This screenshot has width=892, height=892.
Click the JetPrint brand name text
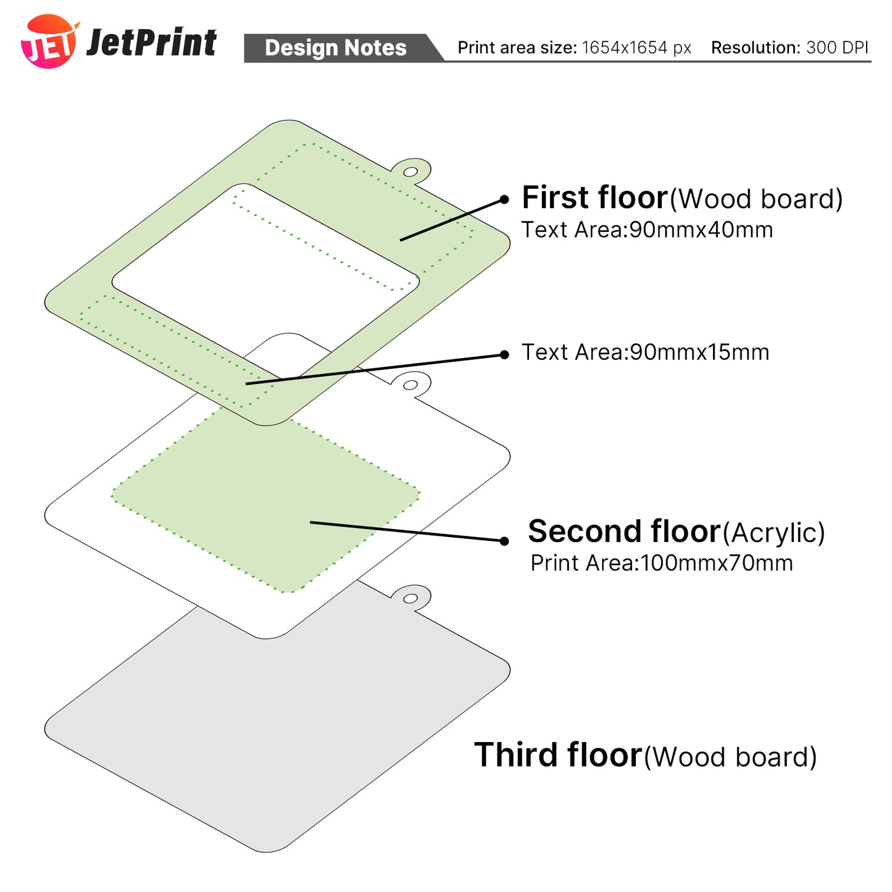152,43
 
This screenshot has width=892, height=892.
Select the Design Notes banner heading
335,48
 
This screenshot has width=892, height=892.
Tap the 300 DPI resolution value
837,48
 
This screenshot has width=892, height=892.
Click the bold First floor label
594,198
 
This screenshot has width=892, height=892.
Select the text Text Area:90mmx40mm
647,230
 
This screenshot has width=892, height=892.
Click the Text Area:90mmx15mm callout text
645,352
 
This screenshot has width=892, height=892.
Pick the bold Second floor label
624,531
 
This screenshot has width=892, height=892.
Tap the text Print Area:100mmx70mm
661,563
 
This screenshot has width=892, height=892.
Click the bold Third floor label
558,755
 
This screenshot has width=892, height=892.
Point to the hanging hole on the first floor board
411,171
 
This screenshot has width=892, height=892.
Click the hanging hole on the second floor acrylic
411,385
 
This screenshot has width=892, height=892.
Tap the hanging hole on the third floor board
411,598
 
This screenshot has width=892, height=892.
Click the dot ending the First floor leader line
504,199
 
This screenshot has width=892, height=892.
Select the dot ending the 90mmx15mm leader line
504,354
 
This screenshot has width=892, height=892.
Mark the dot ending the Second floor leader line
504,541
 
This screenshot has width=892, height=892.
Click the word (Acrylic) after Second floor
773,533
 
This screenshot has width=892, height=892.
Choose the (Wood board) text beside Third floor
730,757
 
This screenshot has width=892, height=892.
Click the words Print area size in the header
517,48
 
